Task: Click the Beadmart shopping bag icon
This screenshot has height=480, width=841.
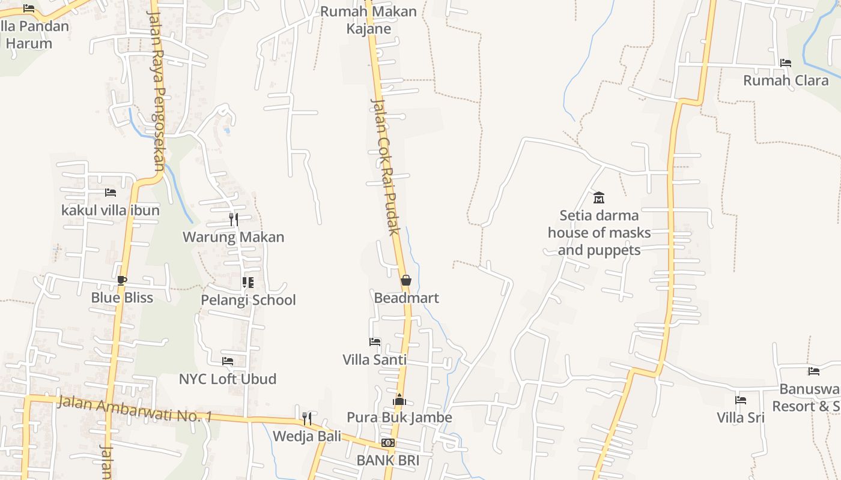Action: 406,280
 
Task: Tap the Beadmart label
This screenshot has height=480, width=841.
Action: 406,298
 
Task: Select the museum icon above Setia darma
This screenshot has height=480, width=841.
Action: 599,197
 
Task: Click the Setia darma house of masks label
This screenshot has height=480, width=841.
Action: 599,232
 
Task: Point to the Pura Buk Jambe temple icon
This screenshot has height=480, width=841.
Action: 399,400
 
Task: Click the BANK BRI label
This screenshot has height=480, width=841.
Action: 387,460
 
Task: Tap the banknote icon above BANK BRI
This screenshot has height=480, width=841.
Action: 388,443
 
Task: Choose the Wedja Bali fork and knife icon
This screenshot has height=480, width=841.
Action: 307,418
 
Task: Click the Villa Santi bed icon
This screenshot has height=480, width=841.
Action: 375,342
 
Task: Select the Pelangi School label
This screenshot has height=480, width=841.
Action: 248,300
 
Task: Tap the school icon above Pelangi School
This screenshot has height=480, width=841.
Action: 247,282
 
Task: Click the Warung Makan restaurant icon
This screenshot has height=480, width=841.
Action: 234,220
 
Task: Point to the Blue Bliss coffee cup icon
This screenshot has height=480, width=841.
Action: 122,280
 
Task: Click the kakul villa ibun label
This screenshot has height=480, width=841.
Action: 111,210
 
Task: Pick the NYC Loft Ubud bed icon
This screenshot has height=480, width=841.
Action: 228,361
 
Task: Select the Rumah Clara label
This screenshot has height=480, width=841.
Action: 786,80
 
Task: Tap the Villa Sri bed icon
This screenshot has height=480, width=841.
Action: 741,400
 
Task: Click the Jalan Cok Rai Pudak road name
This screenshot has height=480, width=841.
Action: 386,167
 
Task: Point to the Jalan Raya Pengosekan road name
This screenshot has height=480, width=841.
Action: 156,90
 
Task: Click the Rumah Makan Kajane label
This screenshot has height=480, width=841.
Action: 368,20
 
